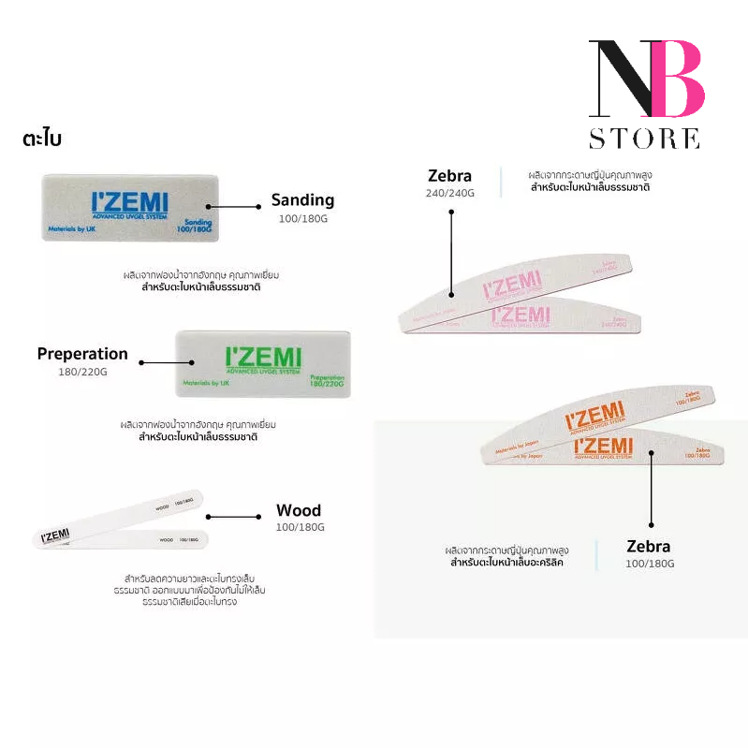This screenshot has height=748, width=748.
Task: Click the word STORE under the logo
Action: [x=644, y=139]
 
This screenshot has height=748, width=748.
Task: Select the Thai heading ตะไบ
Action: [x=42, y=139]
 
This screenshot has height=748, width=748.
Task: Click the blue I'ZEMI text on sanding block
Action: [x=131, y=204]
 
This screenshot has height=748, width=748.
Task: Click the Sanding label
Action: [x=302, y=199]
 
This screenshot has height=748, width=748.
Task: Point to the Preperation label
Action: [x=82, y=354]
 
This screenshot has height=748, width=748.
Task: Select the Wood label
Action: [x=299, y=510]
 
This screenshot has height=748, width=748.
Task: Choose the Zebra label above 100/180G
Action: [x=649, y=546]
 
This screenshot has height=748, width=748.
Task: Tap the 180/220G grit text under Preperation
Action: [x=82, y=372]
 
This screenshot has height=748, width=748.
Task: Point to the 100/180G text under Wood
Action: [x=300, y=527]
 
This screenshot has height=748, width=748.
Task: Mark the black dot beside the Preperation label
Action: [x=142, y=361]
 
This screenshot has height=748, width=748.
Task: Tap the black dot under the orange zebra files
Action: [x=651, y=525]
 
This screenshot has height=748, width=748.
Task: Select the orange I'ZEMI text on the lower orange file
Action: [x=603, y=446]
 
